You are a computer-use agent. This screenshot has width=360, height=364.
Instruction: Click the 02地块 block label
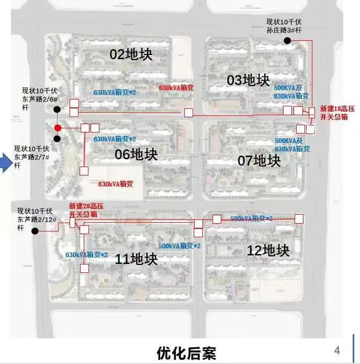pos(131,54)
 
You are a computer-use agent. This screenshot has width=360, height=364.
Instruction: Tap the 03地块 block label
pos(249,80)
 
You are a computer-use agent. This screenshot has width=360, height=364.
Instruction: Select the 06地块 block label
pos(136,155)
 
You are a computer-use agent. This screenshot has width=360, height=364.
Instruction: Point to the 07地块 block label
pos(259,160)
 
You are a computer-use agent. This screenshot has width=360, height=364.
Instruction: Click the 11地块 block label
pos(136,259)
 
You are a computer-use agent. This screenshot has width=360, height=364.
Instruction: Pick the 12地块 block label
pos(268,250)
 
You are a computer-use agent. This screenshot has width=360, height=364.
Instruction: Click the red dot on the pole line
pos(58,128)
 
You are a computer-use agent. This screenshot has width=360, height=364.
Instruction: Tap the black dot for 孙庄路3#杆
pos(287,40)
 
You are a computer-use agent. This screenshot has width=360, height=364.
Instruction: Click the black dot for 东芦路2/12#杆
pos(35,231)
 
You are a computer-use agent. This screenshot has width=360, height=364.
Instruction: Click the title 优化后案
pos(186,353)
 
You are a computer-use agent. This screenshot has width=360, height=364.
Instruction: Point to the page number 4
pos(337,350)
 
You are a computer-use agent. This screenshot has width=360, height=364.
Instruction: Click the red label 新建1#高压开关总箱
pos(337,113)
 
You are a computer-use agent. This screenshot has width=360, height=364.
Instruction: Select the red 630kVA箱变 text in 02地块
pos(176,88)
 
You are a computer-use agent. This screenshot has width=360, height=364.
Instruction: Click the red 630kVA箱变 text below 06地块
pos(116,184)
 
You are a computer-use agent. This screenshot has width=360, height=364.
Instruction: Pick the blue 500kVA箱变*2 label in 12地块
pos(251,218)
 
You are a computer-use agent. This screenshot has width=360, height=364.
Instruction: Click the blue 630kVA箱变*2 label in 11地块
pos(86,255)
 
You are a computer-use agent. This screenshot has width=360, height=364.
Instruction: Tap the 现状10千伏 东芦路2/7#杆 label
pos(31,157)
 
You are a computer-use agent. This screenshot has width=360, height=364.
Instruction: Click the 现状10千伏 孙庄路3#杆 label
pos(284,26)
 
